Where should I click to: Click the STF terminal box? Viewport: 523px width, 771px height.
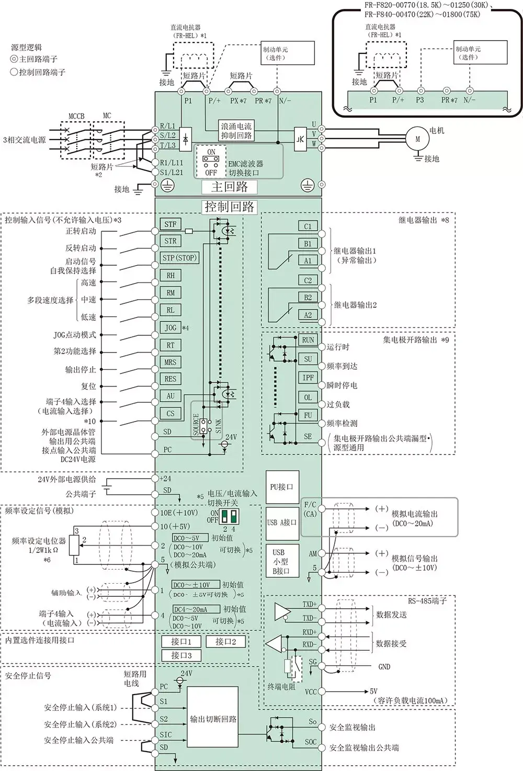pyautogui.click(x=170, y=224)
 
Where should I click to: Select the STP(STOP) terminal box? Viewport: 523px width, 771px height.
pyautogui.click(x=179, y=258)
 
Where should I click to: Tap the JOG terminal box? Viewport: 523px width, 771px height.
pyautogui.click(x=170, y=327)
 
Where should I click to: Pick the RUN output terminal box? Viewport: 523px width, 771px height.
pyautogui.click(x=308, y=340)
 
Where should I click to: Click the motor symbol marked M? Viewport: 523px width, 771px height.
pyautogui.click(x=417, y=139)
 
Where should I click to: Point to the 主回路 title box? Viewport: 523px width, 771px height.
pyautogui.click(x=229, y=187)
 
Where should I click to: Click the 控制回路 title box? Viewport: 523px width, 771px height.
pyautogui.click(x=230, y=207)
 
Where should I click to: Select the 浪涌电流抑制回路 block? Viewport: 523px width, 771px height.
pyautogui.click(x=236, y=131)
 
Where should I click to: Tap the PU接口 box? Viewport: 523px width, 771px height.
pyautogui.click(x=281, y=486)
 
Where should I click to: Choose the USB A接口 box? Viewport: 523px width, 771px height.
pyautogui.click(x=281, y=523)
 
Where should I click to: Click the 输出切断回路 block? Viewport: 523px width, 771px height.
pyautogui.click(x=213, y=720)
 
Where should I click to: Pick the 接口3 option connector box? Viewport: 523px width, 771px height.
pyautogui.click(x=181, y=655)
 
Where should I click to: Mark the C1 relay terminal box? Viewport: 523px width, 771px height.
pyautogui.click(x=308, y=226)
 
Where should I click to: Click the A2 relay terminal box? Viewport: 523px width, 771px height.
pyautogui.click(x=308, y=315)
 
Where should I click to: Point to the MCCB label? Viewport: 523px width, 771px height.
pyautogui.click(x=76, y=116)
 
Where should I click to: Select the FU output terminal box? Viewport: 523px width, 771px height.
pyautogui.click(x=308, y=415)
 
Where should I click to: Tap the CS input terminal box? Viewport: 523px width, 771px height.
pyautogui.click(x=170, y=413)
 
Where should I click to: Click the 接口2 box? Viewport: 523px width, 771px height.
pyautogui.click(x=226, y=641)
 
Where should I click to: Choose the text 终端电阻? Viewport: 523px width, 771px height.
pyautogui.click(x=281, y=687)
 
